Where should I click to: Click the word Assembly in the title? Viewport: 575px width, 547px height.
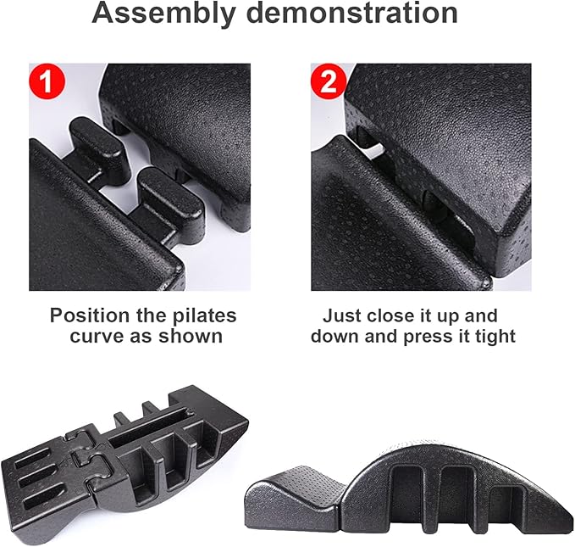tap(163, 14)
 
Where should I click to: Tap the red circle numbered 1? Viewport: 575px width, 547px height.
tap(47, 81)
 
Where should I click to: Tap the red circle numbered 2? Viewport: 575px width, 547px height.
tap(329, 81)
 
